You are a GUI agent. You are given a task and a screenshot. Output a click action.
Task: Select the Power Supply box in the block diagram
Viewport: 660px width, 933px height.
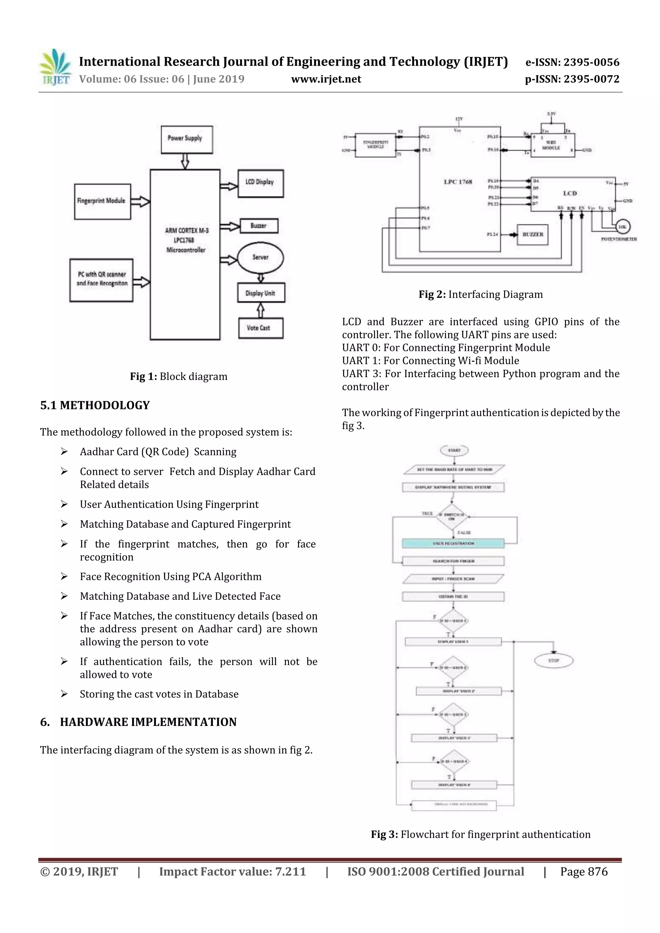point(187,139)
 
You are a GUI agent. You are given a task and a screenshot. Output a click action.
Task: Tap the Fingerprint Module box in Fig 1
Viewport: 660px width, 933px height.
point(102,202)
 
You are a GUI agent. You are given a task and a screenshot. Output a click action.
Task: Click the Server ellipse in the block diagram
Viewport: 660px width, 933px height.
point(260,258)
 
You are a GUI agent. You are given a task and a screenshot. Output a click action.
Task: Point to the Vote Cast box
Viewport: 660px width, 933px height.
point(260,328)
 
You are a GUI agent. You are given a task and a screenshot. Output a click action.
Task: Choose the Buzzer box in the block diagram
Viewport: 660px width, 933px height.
point(259,226)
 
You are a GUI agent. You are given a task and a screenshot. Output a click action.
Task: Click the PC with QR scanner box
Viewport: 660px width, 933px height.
point(101,280)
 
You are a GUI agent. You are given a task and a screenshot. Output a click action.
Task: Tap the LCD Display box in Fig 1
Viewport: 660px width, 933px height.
point(260,183)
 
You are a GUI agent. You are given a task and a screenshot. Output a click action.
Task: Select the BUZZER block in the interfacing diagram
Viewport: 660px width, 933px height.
point(532,235)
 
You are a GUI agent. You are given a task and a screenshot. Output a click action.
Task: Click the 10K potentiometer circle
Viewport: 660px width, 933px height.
point(622,227)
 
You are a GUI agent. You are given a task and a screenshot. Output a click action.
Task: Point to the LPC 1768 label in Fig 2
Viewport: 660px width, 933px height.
point(458,182)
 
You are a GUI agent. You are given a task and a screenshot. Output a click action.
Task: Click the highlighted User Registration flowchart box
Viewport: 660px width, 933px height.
point(453,543)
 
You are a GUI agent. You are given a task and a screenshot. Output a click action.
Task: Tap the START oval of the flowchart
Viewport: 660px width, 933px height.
point(454,450)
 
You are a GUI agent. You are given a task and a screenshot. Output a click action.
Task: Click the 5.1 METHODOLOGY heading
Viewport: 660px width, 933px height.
point(95,405)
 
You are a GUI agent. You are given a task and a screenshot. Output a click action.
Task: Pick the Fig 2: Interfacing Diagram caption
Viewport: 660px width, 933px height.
point(481,294)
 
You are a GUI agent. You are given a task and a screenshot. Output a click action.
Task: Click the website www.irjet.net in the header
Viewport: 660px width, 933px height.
point(326,79)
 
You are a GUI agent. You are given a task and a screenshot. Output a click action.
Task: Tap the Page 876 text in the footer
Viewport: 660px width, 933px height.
point(584,871)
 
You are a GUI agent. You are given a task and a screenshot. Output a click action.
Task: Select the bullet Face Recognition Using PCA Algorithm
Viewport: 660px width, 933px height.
point(171,576)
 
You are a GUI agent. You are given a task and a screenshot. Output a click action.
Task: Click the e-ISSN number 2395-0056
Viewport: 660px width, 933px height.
point(591,62)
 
